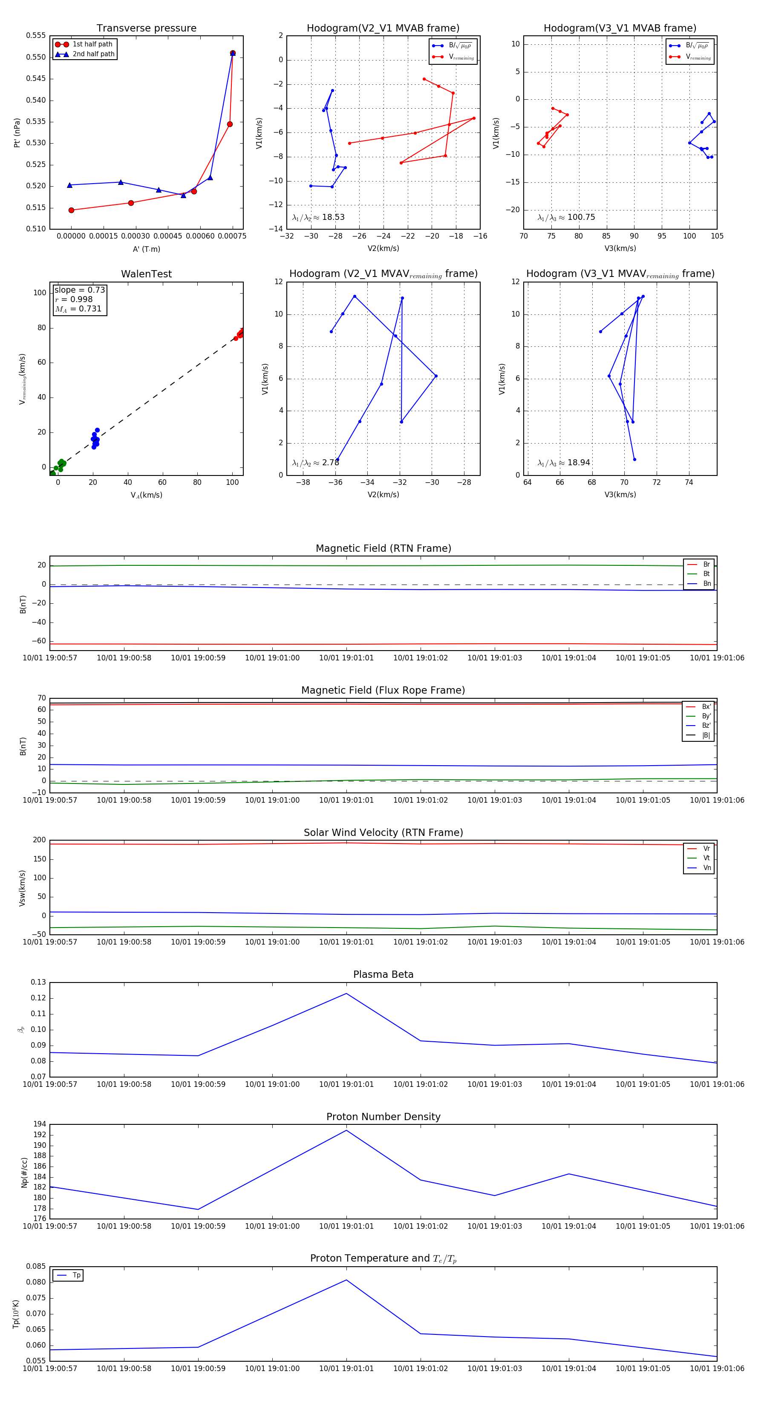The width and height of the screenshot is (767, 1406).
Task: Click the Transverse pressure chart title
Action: (146, 29)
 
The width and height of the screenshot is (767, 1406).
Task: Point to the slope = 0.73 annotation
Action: (79, 290)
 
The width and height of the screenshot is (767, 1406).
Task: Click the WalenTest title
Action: (146, 274)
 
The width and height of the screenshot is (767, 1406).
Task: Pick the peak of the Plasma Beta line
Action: (346, 994)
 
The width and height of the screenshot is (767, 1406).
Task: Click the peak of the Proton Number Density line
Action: (346, 1130)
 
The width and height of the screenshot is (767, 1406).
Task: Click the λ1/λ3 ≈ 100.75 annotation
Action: (566, 217)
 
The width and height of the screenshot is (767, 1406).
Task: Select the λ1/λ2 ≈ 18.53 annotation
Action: (318, 217)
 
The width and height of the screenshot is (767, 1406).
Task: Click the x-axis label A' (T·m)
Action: (146, 249)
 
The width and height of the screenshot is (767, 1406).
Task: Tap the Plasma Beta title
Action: (383, 974)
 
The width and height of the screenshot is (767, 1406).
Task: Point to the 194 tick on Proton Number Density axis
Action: (39, 1124)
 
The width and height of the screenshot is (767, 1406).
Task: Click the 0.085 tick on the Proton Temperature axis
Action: (36, 1266)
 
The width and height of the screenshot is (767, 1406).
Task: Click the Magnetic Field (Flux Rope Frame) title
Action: (383, 691)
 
